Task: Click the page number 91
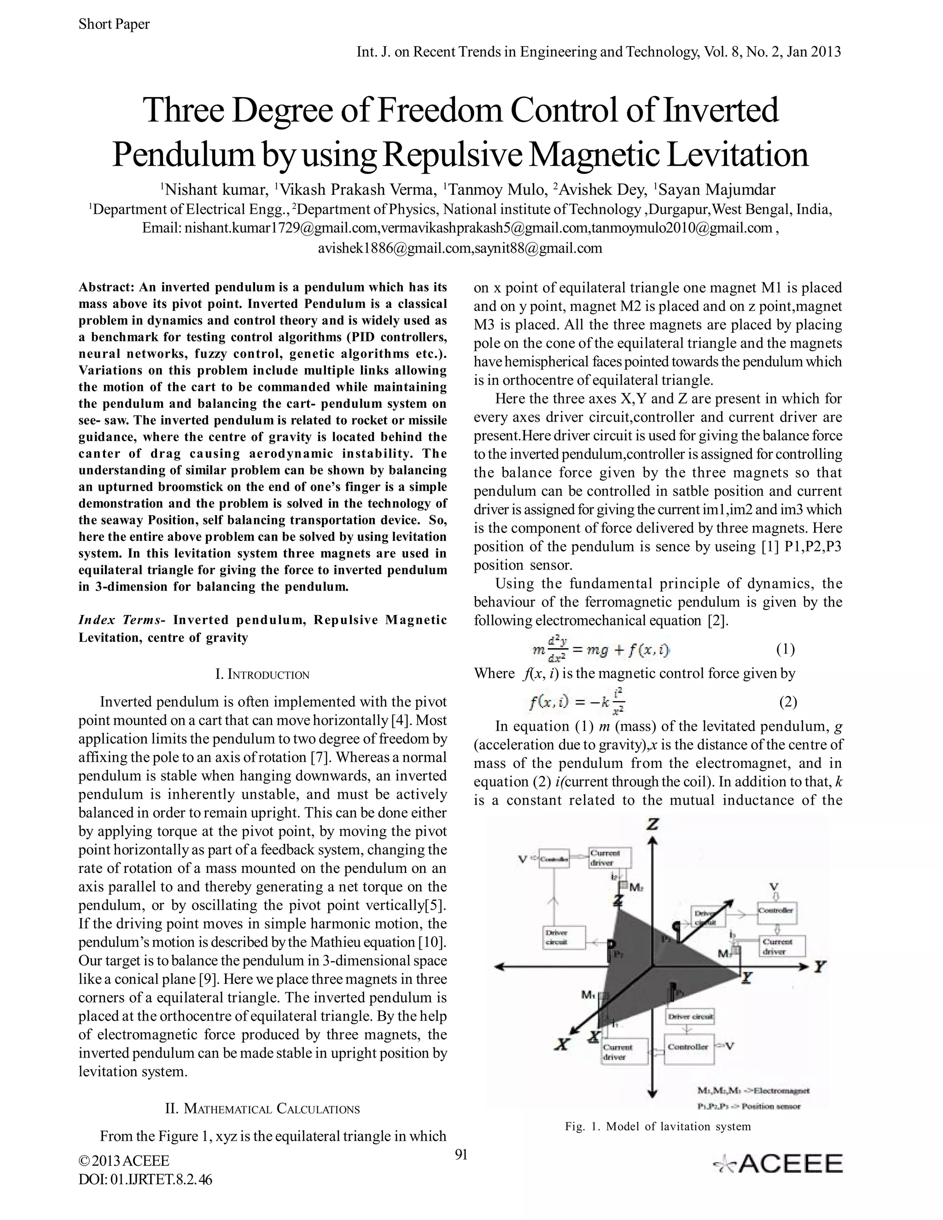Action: pyautogui.click(x=461, y=1154)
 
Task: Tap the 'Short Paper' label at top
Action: pyautogui.click(x=114, y=24)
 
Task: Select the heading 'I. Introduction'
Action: pyautogui.click(x=262, y=674)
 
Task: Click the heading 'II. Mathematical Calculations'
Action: pyautogui.click(x=262, y=1109)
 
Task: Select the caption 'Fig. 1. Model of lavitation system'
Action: pyautogui.click(x=658, y=1126)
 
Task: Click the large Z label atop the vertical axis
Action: pyautogui.click(x=652, y=825)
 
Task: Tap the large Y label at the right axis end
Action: pyautogui.click(x=820, y=966)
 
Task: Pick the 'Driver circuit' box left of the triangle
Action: pyautogui.click(x=564, y=937)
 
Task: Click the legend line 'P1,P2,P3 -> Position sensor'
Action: pyautogui.click(x=749, y=1106)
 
